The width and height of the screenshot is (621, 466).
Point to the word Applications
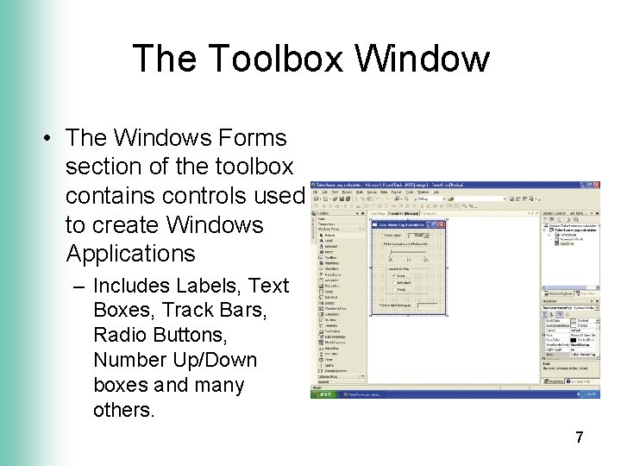131,254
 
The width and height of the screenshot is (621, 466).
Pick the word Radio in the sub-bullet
121,335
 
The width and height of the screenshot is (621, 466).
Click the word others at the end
124,410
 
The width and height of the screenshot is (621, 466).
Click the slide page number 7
579,438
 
